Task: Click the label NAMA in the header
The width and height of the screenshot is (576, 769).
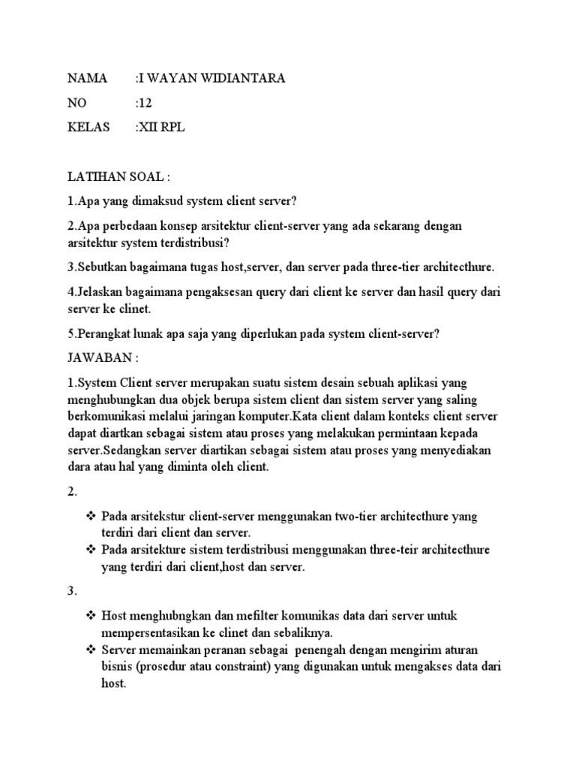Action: (x=88, y=78)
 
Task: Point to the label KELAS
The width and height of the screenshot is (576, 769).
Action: (x=89, y=128)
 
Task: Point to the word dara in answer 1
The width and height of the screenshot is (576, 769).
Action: (x=80, y=467)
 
